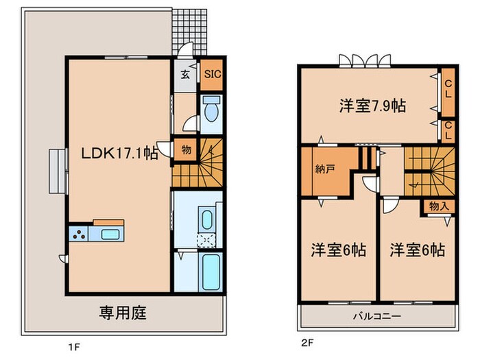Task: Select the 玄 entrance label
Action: (x=185, y=75)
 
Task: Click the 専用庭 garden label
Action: (x=123, y=313)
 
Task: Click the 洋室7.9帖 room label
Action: (x=372, y=106)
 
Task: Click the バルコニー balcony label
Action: (x=377, y=316)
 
